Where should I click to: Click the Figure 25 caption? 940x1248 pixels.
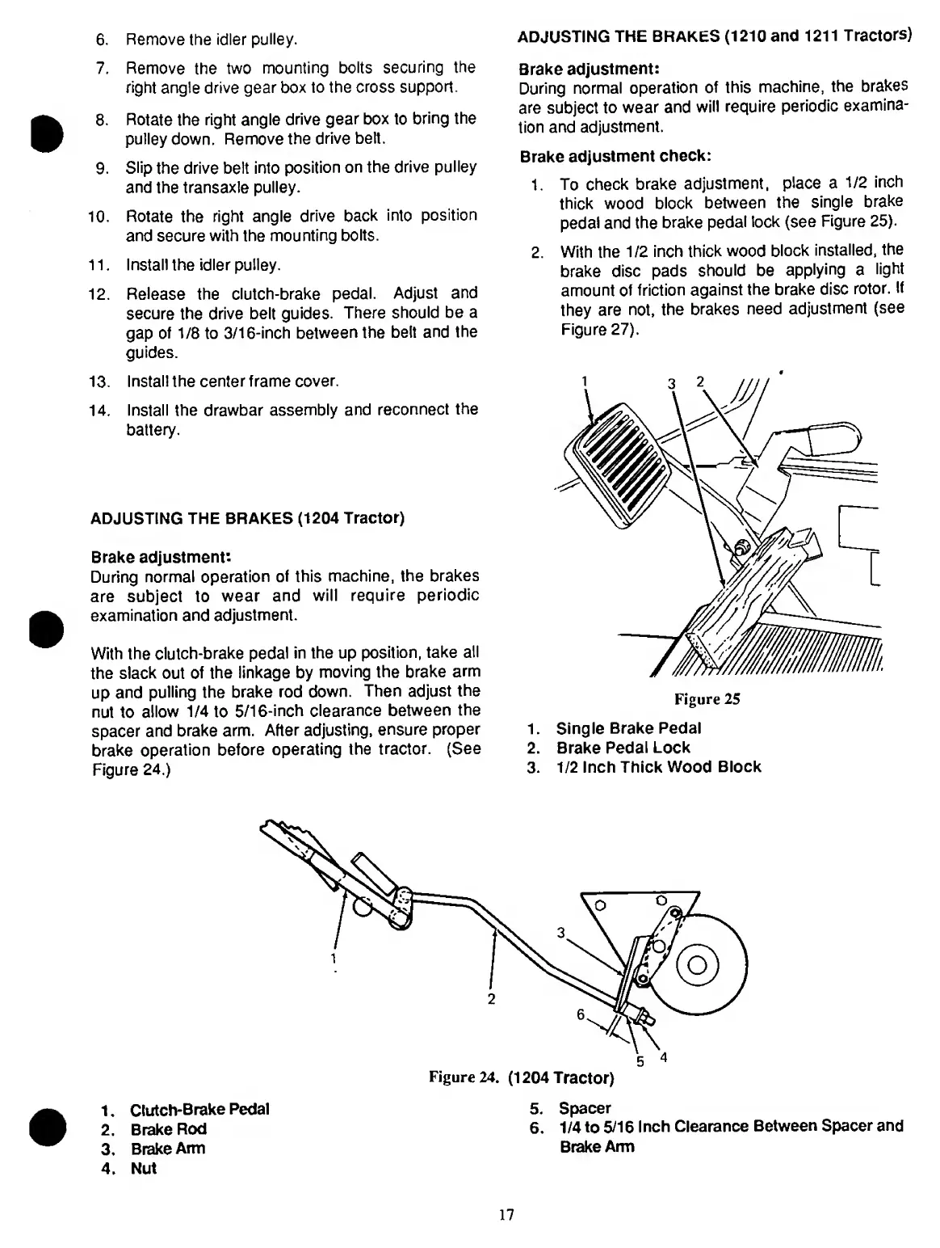click(707, 699)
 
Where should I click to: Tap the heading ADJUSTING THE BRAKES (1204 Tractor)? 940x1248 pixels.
click(247, 518)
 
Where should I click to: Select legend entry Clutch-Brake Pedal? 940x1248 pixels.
click(199, 1109)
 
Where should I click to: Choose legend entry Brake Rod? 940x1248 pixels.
click(168, 1129)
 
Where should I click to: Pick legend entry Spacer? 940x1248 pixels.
click(585, 1108)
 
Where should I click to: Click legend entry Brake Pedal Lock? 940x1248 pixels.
click(623, 748)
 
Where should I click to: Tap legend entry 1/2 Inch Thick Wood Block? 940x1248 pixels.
click(658, 767)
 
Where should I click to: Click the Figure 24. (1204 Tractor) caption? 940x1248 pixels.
click(522, 1078)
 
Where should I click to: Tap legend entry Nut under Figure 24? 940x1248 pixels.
click(144, 1168)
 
